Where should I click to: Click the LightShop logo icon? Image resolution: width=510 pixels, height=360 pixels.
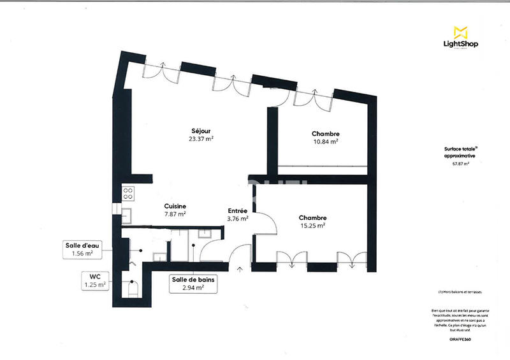coord(460,31)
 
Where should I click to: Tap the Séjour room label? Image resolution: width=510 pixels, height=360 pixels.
coord(200,130)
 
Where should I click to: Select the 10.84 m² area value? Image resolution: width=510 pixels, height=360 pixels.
coord(324,141)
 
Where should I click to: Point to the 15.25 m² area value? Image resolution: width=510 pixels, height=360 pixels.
coord(312,225)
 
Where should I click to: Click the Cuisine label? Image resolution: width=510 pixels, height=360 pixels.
coord(175,206)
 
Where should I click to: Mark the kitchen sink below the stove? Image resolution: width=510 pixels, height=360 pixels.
coord(127,214)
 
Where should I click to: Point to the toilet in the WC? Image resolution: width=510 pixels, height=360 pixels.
coord(133,289)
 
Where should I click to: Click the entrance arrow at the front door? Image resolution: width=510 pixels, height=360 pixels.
coord(240,269)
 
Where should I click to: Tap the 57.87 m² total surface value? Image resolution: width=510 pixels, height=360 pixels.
coord(460,164)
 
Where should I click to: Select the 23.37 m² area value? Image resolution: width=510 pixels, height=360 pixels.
coord(200,138)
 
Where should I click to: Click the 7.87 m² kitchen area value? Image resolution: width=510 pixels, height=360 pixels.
coord(175,214)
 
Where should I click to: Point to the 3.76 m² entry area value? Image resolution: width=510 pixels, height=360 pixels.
coord(238,218)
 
